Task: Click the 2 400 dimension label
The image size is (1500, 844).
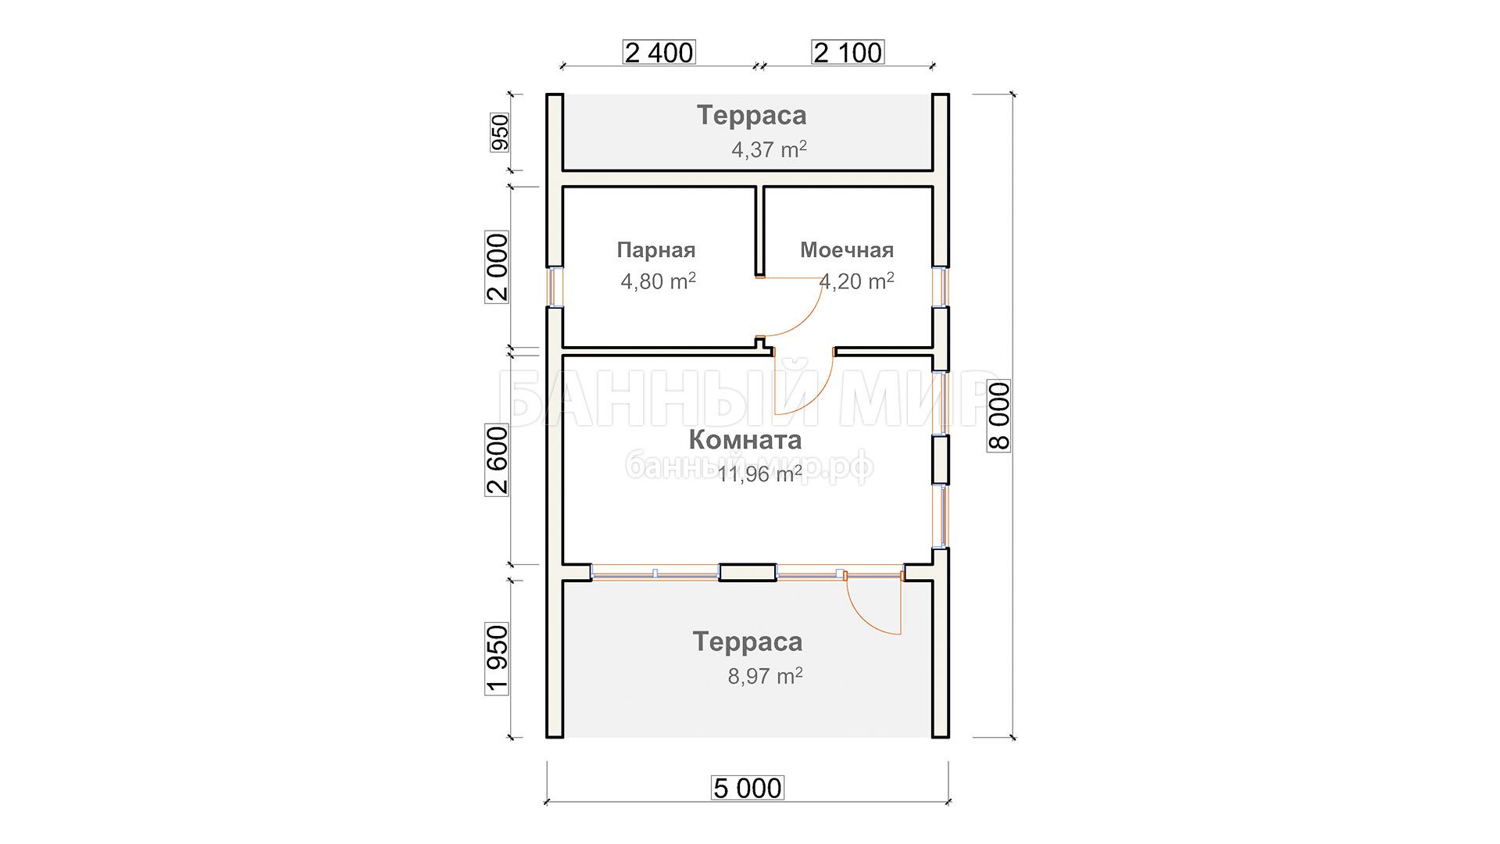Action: tap(659, 52)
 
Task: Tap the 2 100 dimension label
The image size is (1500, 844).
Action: tap(848, 52)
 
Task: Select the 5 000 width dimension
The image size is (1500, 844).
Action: tap(748, 788)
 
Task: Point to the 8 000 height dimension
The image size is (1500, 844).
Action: tap(999, 416)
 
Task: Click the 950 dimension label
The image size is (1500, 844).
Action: tap(499, 132)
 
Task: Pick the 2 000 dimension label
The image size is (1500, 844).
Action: tap(498, 267)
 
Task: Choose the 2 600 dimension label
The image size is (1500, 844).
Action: tap(498, 460)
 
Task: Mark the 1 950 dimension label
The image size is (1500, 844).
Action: tap(498, 659)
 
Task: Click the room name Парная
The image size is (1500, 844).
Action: tap(656, 250)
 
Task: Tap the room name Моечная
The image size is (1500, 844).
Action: tap(847, 250)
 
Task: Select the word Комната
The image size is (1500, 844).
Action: tap(746, 440)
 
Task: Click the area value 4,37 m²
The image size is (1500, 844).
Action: tap(769, 149)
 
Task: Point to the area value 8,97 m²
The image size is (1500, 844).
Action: tap(766, 676)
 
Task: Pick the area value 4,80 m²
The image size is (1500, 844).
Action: tap(659, 281)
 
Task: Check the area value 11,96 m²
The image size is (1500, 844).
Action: tap(760, 474)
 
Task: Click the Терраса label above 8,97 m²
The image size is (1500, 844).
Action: tap(748, 642)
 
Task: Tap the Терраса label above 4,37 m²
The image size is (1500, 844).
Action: tap(752, 115)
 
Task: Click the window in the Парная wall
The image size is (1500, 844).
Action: tap(554, 287)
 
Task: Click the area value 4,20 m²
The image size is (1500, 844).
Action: tap(857, 281)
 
